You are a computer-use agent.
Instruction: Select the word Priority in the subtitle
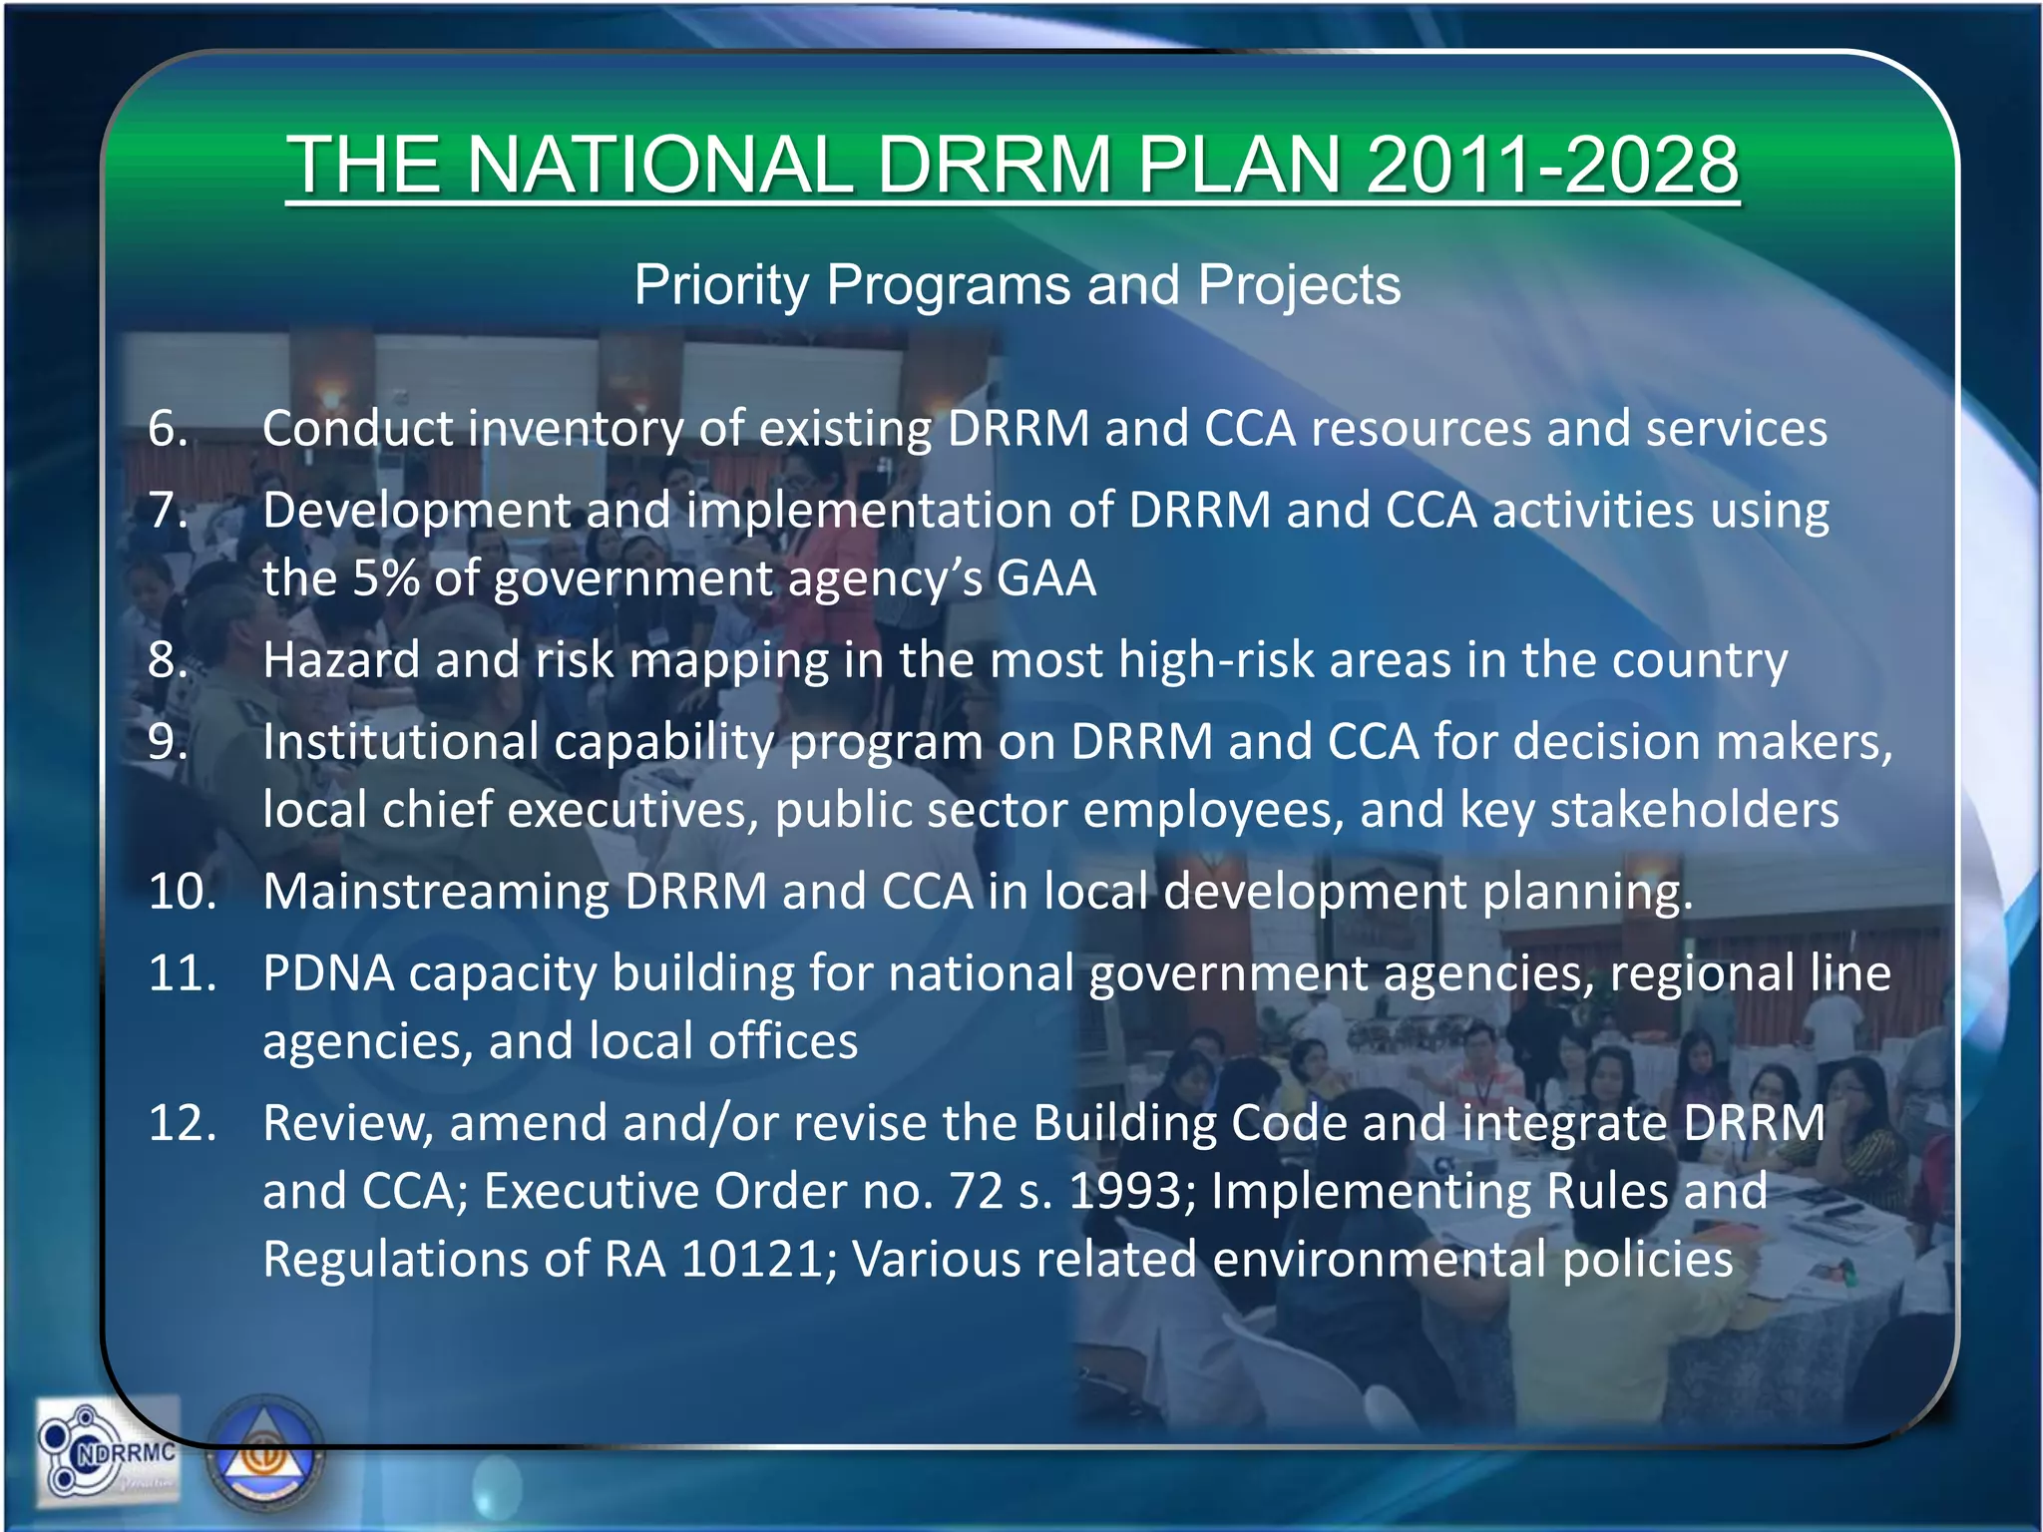tap(720, 285)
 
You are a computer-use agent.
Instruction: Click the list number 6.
tap(168, 429)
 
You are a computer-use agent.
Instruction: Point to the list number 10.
tap(183, 891)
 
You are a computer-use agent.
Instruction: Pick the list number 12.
tap(183, 1123)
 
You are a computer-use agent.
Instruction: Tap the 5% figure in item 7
tap(385, 578)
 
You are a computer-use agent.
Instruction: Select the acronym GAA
tap(1046, 578)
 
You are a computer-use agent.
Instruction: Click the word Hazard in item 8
tap(341, 660)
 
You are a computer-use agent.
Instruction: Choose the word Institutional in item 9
tap(400, 743)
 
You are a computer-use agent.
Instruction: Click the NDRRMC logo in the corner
tap(108, 1451)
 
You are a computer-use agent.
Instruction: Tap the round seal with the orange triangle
tap(265, 1456)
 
